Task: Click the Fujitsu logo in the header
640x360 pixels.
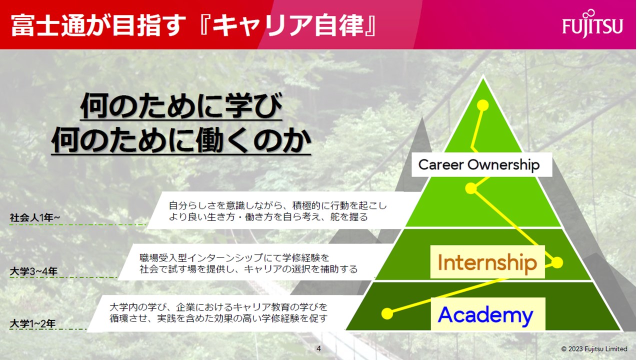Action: (592, 24)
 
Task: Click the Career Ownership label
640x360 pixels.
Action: (479, 165)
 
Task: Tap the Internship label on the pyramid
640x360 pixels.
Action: (487, 262)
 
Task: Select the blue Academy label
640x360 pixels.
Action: (485, 315)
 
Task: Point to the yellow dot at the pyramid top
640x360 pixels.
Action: (482, 105)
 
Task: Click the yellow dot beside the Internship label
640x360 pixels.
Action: (557, 262)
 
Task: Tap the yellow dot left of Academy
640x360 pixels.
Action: (387, 313)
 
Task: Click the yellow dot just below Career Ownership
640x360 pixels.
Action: (471, 188)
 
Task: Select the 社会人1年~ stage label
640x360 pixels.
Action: (35, 217)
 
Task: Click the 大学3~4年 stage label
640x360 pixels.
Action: (33, 271)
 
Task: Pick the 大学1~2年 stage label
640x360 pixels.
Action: (33, 323)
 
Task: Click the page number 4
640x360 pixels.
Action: (319, 348)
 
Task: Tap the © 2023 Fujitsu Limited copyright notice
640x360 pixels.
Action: (594, 349)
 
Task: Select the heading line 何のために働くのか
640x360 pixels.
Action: (181, 140)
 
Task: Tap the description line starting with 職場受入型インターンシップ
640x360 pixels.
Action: (234, 257)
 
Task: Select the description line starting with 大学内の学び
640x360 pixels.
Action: (218, 307)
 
